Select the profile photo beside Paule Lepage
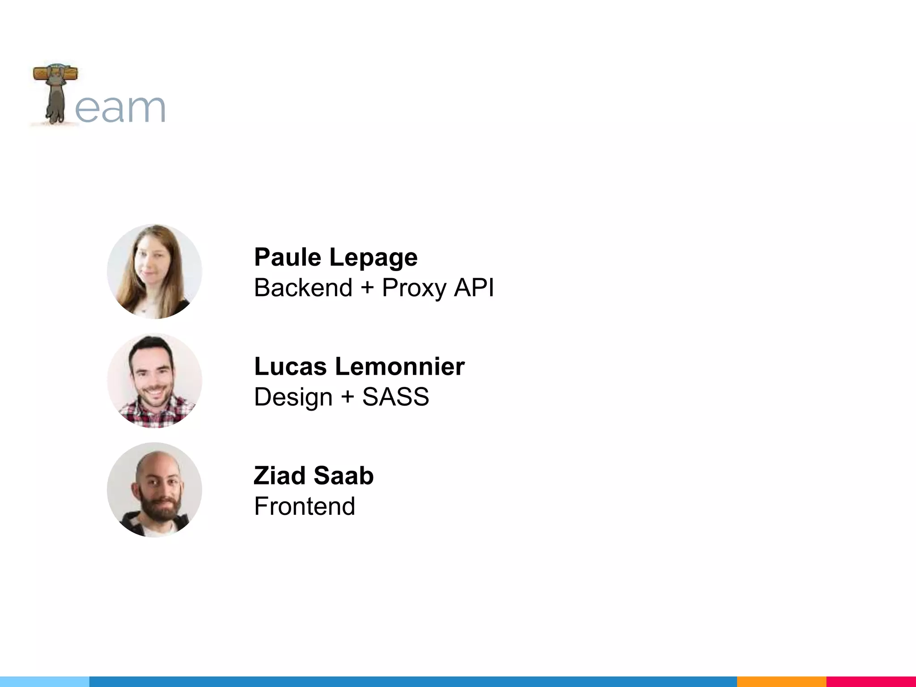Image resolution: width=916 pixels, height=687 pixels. click(x=154, y=271)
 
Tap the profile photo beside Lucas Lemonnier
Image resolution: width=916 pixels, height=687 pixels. click(x=154, y=381)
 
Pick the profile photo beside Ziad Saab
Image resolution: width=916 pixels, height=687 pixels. click(x=154, y=490)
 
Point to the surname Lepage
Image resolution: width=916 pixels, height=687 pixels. click(x=373, y=258)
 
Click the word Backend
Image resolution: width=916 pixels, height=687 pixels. click(x=303, y=287)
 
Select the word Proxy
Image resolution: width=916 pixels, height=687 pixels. click(x=414, y=288)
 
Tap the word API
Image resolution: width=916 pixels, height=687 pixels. click(x=474, y=287)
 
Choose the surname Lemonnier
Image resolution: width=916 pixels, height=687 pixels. click(x=400, y=366)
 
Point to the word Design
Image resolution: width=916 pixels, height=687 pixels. click(x=293, y=397)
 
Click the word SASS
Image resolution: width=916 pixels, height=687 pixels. click(x=395, y=397)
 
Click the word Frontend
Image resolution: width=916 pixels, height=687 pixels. click(x=305, y=506)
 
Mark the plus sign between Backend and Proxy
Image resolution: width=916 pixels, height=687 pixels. click(x=367, y=287)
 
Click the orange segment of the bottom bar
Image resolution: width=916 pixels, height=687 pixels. click(x=781, y=682)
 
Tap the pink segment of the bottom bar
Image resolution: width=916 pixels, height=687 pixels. click(x=871, y=682)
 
